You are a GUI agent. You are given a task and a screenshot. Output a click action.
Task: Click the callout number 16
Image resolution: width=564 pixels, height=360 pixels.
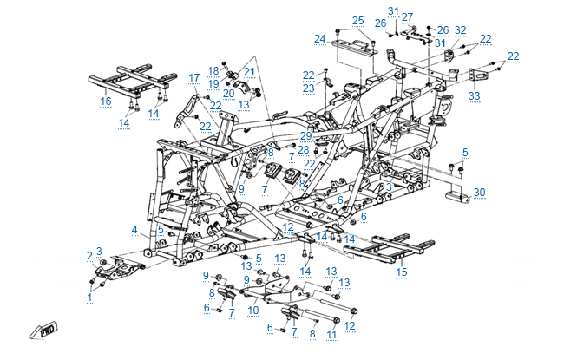coord(106,101)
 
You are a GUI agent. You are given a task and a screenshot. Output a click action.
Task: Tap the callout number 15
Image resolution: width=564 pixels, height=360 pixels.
coord(401,272)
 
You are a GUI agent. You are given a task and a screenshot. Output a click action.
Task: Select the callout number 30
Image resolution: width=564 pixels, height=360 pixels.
coord(479,192)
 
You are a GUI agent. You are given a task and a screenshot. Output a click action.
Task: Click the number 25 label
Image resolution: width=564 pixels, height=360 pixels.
coord(358,20)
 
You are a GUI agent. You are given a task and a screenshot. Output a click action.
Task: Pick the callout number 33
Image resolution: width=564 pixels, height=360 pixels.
coord(474,95)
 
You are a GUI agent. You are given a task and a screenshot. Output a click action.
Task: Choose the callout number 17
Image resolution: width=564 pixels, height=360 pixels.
coord(194,77)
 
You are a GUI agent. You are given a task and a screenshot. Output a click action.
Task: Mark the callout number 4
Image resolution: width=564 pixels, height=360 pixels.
coord(134,229)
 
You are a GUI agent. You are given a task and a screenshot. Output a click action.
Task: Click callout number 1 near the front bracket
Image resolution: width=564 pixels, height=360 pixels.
coord(89,297)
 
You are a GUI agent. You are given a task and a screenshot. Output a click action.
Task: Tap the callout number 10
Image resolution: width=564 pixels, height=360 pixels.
coord(253,309)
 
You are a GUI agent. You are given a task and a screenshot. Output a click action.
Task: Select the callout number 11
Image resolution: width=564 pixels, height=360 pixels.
coord(330,333)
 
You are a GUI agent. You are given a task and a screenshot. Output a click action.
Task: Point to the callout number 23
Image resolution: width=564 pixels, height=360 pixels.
coord(308,88)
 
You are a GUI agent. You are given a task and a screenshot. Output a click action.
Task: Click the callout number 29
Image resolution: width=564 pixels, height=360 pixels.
coord(305,136)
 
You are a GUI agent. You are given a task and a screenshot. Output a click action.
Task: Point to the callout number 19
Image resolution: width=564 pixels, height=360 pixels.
coord(213,82)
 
